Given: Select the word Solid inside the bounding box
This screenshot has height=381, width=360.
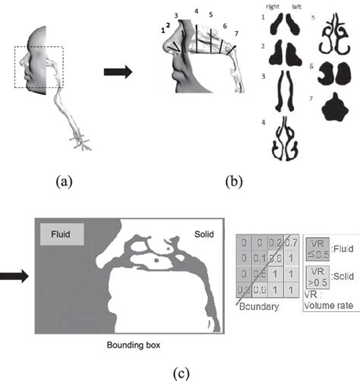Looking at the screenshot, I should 204,231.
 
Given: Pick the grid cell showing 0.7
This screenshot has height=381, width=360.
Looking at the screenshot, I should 290,243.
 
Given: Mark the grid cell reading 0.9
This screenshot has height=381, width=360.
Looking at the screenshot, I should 258,289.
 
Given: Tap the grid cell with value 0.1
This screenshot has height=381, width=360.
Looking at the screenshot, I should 258,258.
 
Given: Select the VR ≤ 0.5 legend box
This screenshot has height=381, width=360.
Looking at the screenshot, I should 317,247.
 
